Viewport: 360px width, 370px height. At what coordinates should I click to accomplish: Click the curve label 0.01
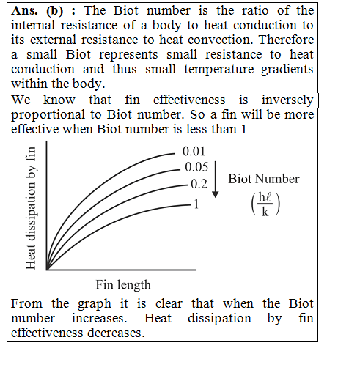click(194, 151)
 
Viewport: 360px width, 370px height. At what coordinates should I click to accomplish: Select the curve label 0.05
click(196, 167)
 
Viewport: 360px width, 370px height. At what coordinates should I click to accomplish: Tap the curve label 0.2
click(199, 184)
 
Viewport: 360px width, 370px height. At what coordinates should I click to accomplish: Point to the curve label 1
click(196, 204)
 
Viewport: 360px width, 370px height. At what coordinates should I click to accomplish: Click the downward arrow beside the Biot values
click(216, 180)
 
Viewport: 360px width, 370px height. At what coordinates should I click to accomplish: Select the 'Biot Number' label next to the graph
click(264, 179)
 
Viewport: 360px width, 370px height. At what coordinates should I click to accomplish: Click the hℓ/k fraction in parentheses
click(265, 204)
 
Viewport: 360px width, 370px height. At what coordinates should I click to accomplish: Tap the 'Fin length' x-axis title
click(123, 285)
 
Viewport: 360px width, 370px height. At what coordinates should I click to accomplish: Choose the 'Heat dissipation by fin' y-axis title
click(31, 208)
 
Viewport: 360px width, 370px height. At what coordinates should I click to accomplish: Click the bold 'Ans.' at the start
click(24, 11)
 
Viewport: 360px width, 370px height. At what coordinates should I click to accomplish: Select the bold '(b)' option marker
click(54, 11)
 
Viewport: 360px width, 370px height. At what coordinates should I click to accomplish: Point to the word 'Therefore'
click(286, 40)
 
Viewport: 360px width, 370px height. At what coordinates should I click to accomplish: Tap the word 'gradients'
click(287, 70)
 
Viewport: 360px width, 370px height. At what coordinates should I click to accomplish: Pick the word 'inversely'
click(287, 100)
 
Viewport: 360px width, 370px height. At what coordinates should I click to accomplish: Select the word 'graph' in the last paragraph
click(95, 304)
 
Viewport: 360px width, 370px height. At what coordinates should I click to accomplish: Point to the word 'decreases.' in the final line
click(116, 333)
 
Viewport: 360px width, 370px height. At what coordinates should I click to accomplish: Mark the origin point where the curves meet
click(47, 270)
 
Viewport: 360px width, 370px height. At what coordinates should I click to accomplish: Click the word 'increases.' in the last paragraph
click(100, 319)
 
